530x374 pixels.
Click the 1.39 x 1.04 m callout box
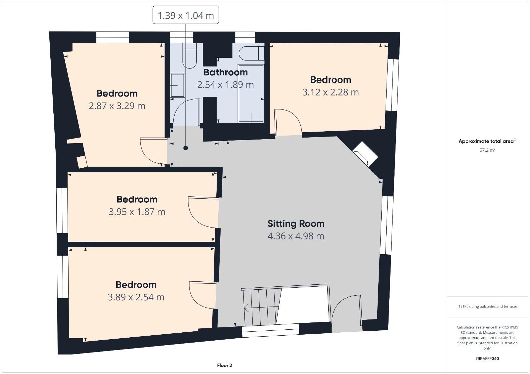(186, 15)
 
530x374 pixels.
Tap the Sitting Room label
(296, 224)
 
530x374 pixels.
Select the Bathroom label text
(226, 72)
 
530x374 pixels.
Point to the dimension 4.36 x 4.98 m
(296, 236)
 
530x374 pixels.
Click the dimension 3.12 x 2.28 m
(331, 92)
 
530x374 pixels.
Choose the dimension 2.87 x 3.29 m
(117, 105)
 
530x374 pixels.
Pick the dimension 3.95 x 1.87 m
(137, 212)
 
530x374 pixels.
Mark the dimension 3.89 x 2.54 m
(136, 297)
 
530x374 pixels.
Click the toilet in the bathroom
(189, 56)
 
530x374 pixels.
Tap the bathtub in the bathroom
(251, 93)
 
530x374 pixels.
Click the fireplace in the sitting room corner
(365, 154)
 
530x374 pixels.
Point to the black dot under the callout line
(186, 148)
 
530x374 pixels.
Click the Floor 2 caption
(225, 365)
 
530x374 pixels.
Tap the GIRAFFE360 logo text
(487, 358)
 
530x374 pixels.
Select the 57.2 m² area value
(487, 150)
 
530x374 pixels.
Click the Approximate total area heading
(487, 141)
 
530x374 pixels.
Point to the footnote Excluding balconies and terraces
(487, 307)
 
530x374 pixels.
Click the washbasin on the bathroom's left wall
(178, 85)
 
